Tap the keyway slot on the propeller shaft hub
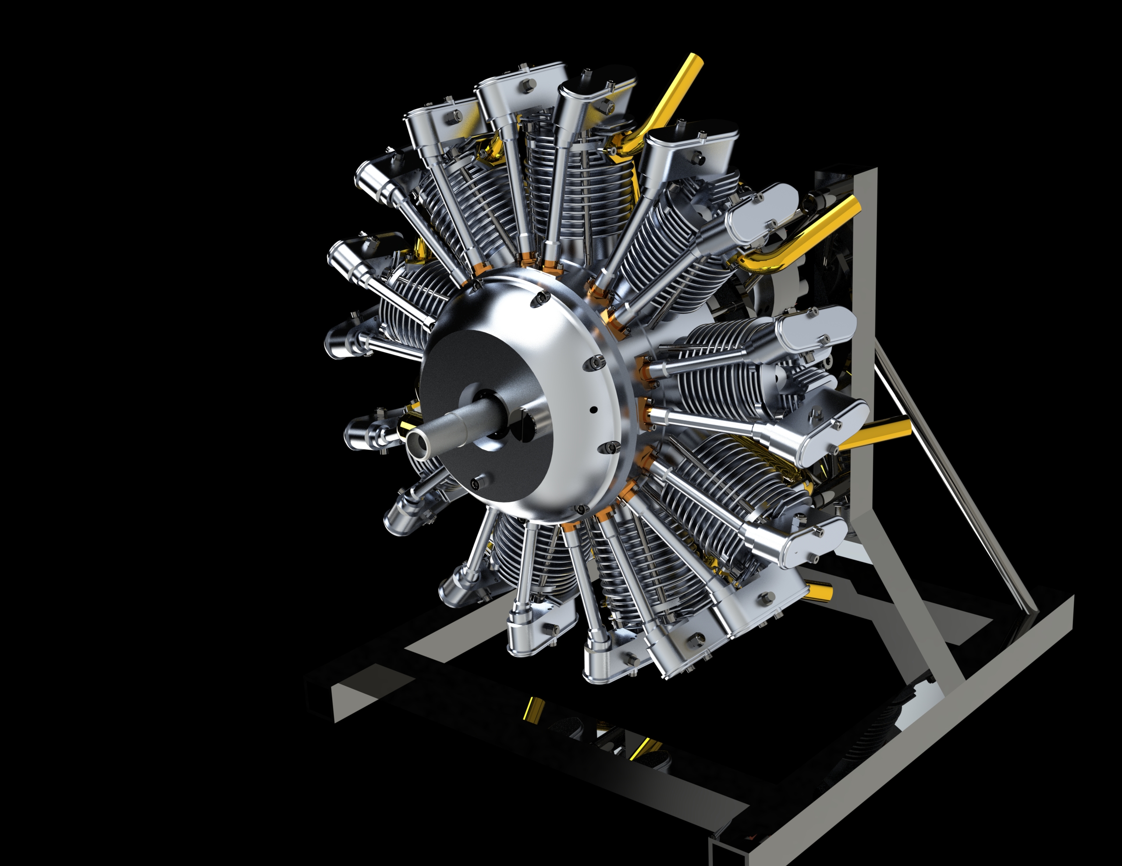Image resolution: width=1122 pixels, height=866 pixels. tap(525, 424)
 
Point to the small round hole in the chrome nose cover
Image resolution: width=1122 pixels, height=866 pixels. tap(593, 410)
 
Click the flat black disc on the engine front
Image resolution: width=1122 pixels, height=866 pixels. tap(462, 370)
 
